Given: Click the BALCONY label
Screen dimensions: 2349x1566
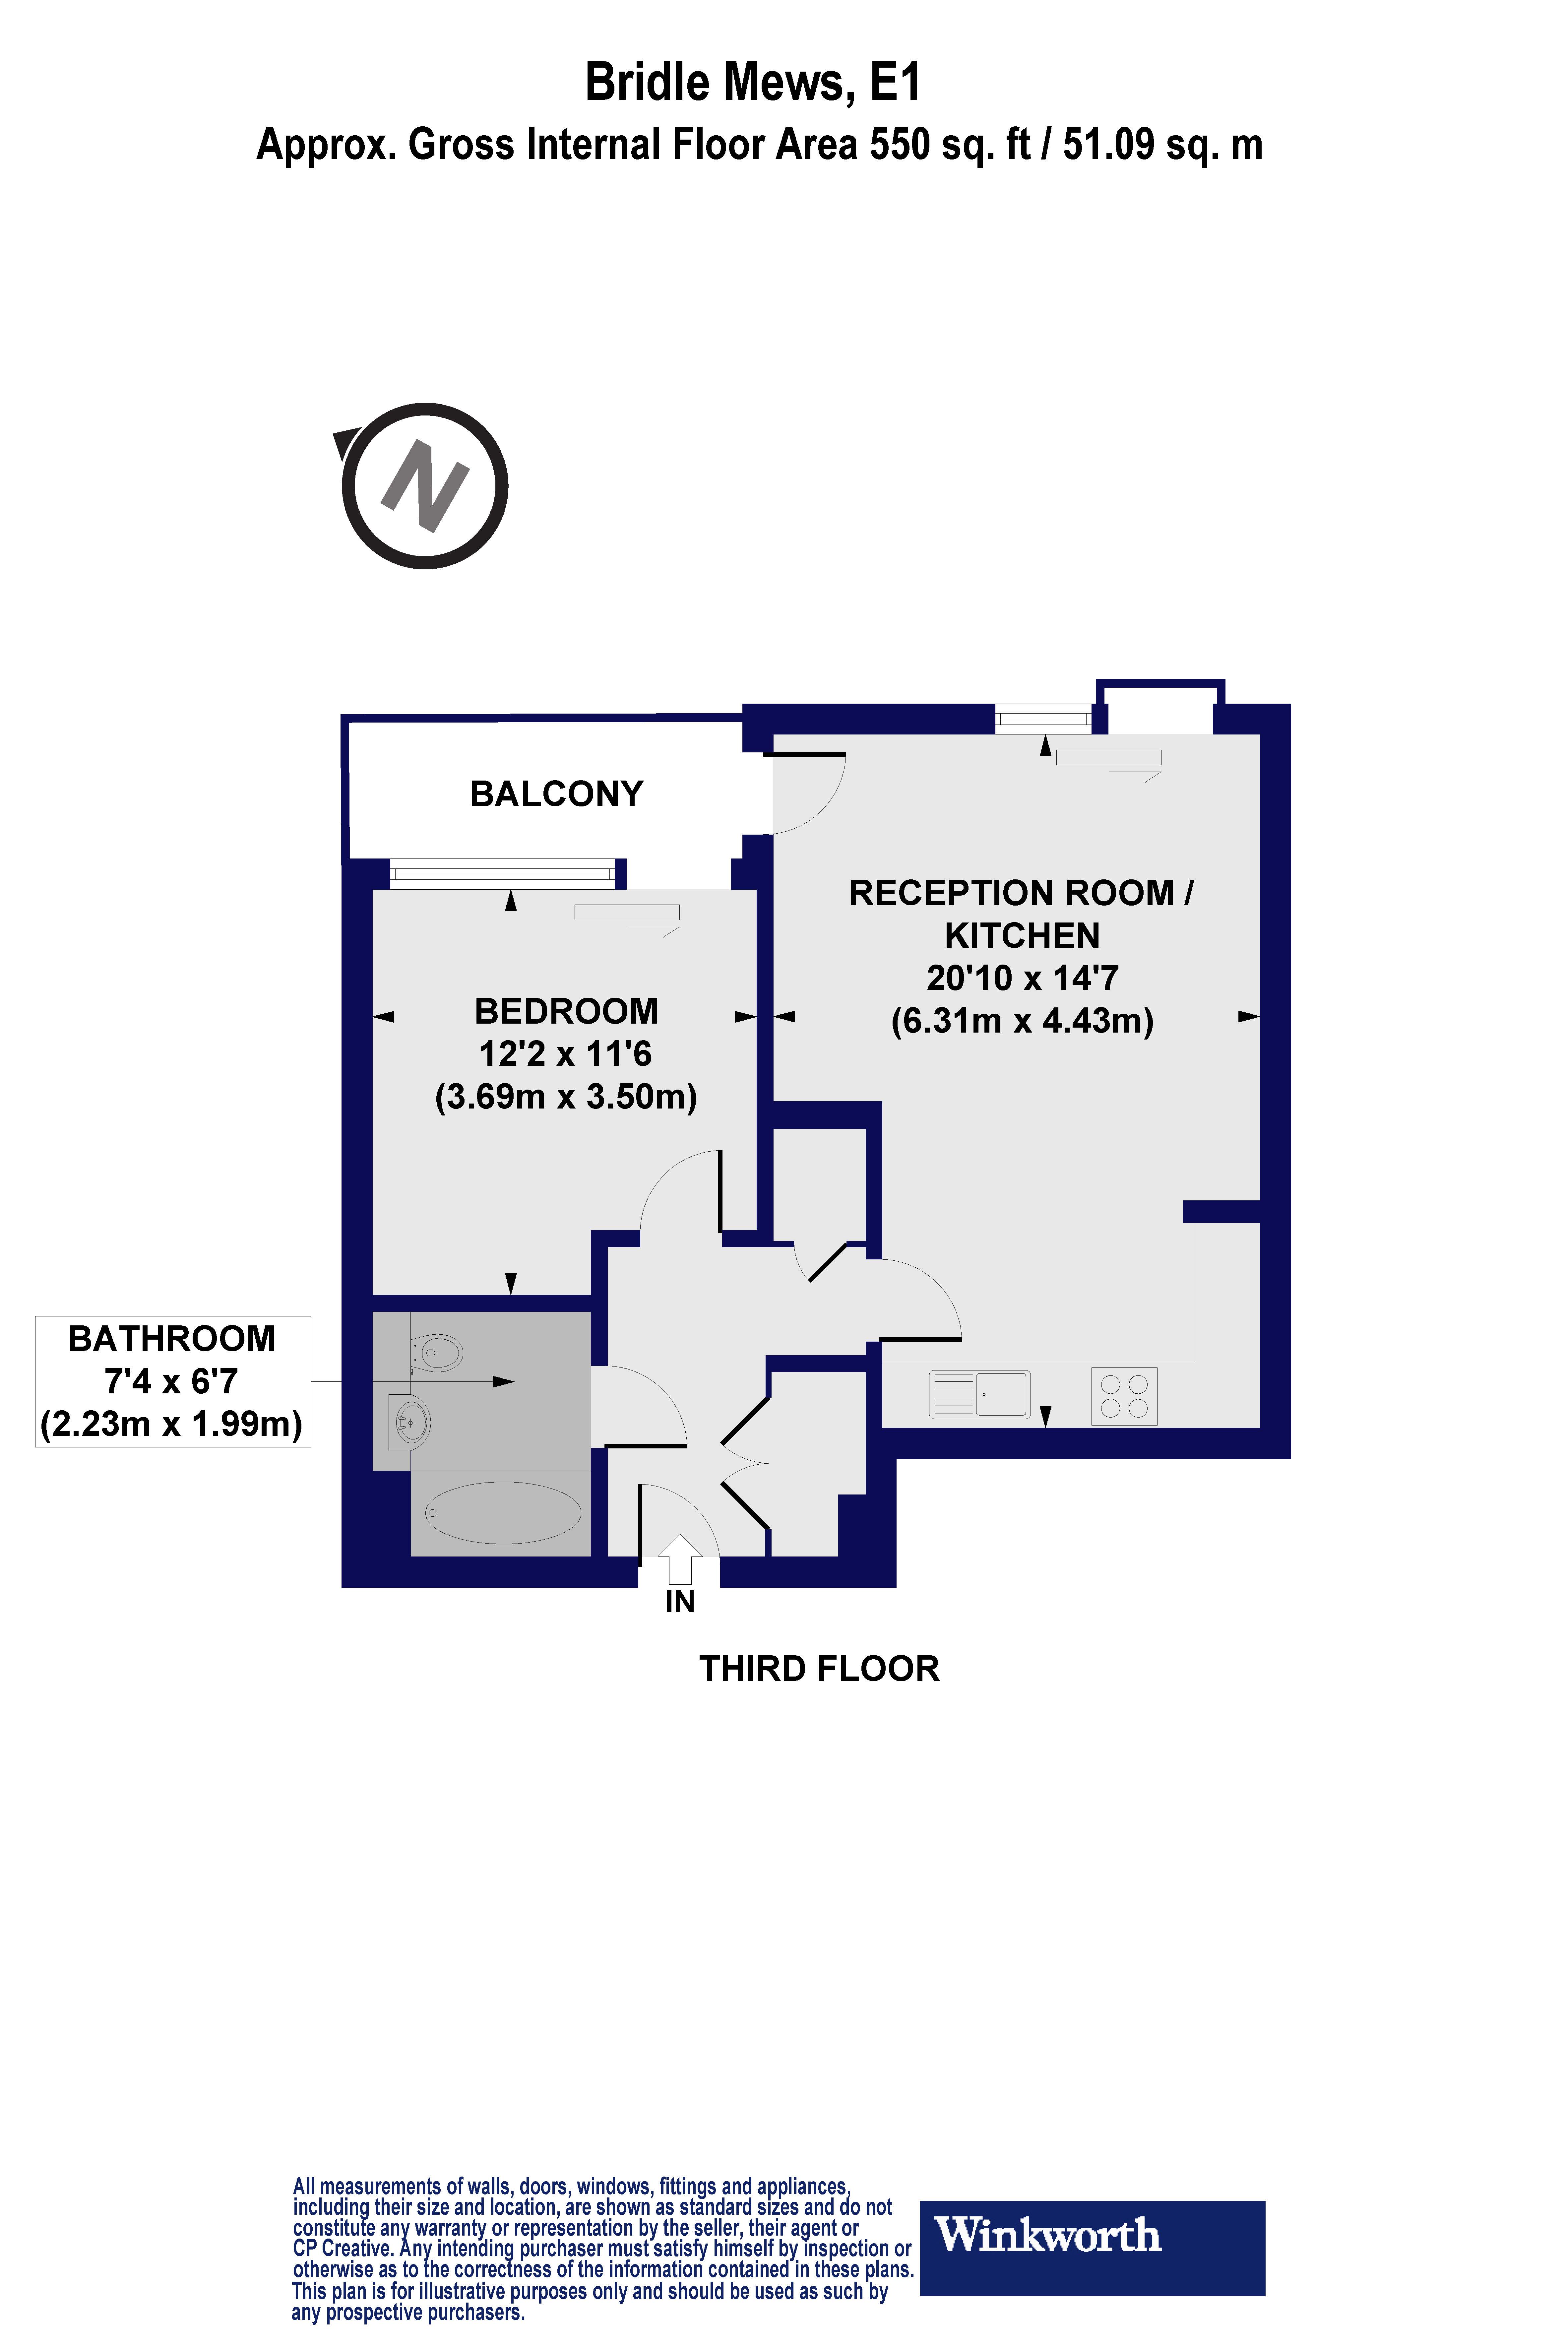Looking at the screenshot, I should tap(556, 794).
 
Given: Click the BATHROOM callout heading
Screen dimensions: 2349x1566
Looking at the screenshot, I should tap(172, 1338).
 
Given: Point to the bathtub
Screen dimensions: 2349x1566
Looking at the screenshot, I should tap(503, 1512).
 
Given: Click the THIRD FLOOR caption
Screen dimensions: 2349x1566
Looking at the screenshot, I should tap(819, 1669).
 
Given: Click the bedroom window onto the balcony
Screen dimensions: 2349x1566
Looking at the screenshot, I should tap(501, 875).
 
